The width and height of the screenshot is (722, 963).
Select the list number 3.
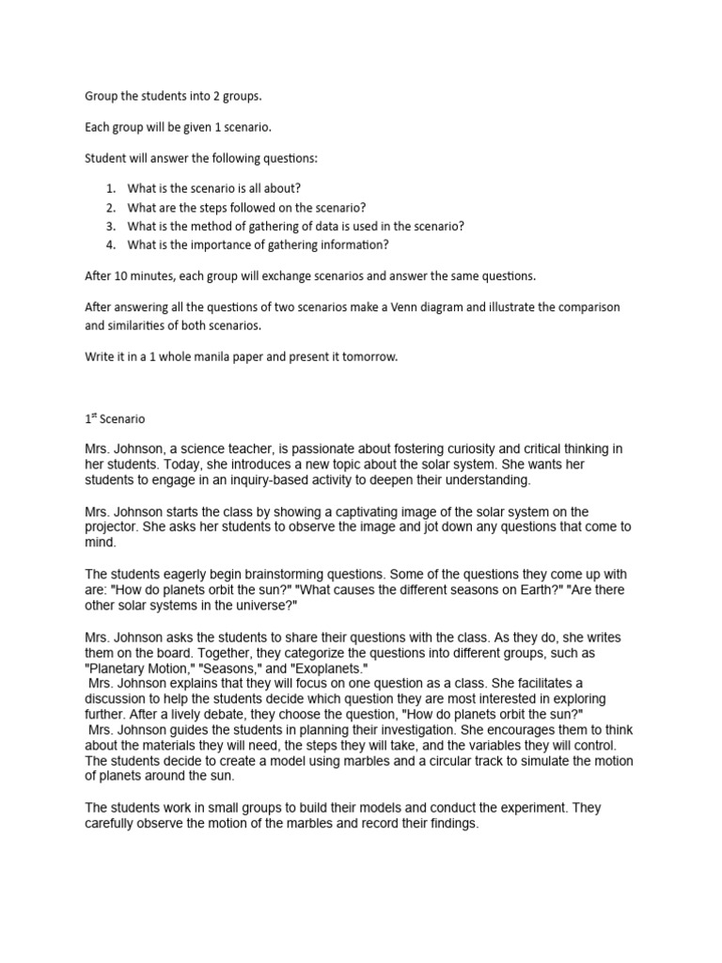click(x=110, y=226)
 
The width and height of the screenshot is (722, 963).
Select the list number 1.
click(x=110, y=188)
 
